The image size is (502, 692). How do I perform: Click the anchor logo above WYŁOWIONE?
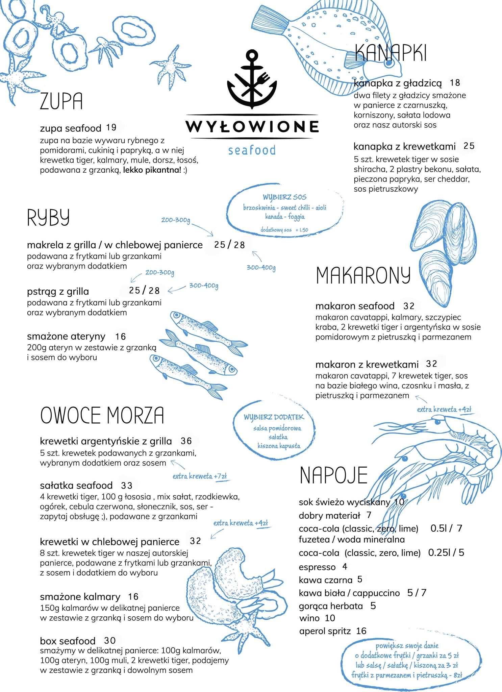click(252, 79)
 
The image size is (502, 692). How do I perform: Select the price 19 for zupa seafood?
click(111, 127)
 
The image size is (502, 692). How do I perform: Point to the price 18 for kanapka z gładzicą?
click(455, 82)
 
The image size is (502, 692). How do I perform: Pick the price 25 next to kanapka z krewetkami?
click(469, 146)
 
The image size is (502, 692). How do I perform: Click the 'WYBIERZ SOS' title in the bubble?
click(284, 197)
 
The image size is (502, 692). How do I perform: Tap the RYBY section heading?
click(48, 217)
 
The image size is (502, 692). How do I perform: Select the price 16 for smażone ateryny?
click(120, 336)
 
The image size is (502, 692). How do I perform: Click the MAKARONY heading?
click(363, 275)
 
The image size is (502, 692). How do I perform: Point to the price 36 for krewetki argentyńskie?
click(186, 441)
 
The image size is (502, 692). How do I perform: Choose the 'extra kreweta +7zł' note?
click(199, 476)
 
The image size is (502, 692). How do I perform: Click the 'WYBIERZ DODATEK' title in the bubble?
click(274, 417)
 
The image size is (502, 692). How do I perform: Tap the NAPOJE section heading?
click(333, 475)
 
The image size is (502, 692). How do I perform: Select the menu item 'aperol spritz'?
click(325, 631)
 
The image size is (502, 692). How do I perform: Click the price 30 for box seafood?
click(110, 640)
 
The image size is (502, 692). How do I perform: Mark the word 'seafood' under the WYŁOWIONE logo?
click(252, 150)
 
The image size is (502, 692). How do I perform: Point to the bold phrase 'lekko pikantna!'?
click(152, 170)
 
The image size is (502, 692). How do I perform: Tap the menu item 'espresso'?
click(317, 567)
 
